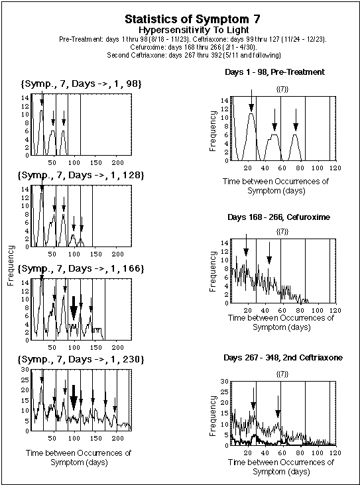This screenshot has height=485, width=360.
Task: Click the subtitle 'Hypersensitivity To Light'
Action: pos(181,30)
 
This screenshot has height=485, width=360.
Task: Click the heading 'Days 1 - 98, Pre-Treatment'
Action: pos(274,72)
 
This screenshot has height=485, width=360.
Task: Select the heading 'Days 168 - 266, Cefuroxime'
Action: pos(274,217)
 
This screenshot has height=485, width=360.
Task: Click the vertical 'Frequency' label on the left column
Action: pos(11,265)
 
